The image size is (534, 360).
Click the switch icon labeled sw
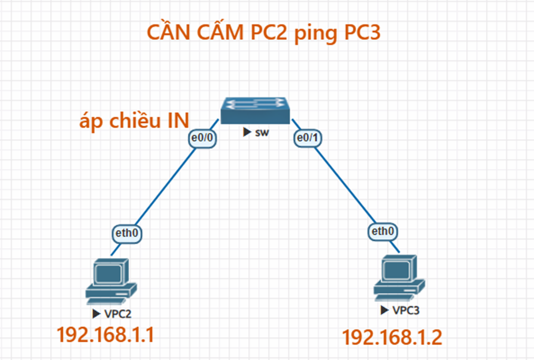click(255, 111)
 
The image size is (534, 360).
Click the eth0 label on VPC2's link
click(127, 233)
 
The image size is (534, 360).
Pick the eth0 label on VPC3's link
click(383, 232)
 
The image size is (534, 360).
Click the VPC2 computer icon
click(111, 282)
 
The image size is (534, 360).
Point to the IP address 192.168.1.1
click(105, 335)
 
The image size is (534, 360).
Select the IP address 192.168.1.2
click(392, 337)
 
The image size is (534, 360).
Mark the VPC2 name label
click(118, 313)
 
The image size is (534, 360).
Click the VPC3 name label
click(406, 310)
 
